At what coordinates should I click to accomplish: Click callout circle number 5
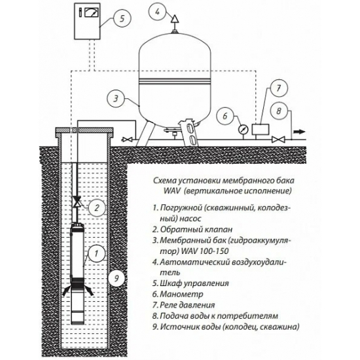tap(122, 18)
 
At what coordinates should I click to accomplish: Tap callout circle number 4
tap(157, 12)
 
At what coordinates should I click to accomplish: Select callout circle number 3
tap(116, 98)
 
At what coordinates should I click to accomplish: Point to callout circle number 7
tap(279, 88)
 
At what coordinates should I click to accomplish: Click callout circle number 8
tap(279, 111)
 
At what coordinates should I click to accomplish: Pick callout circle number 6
tap(225, 116)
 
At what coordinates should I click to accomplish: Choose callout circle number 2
tap(97, 207)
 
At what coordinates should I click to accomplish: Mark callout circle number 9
tap(117, 278)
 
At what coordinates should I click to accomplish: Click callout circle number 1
tap(97, 253)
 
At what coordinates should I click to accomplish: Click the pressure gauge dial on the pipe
tap(243, 130)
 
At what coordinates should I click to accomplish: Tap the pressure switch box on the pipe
tap(261, 129)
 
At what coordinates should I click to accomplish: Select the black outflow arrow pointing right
tap(300, 132)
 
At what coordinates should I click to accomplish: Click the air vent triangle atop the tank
tap(175, 19)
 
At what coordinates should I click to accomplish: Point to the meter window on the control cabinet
tap(92, 12)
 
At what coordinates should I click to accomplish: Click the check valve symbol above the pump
tap(76, 202)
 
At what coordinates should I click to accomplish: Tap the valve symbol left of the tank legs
tap(126, 139)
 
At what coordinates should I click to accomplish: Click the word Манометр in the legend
tap(181, 294)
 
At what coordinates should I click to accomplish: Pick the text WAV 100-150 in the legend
tap(205, 251)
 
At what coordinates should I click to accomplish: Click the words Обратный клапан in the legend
tap(196, 229)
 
